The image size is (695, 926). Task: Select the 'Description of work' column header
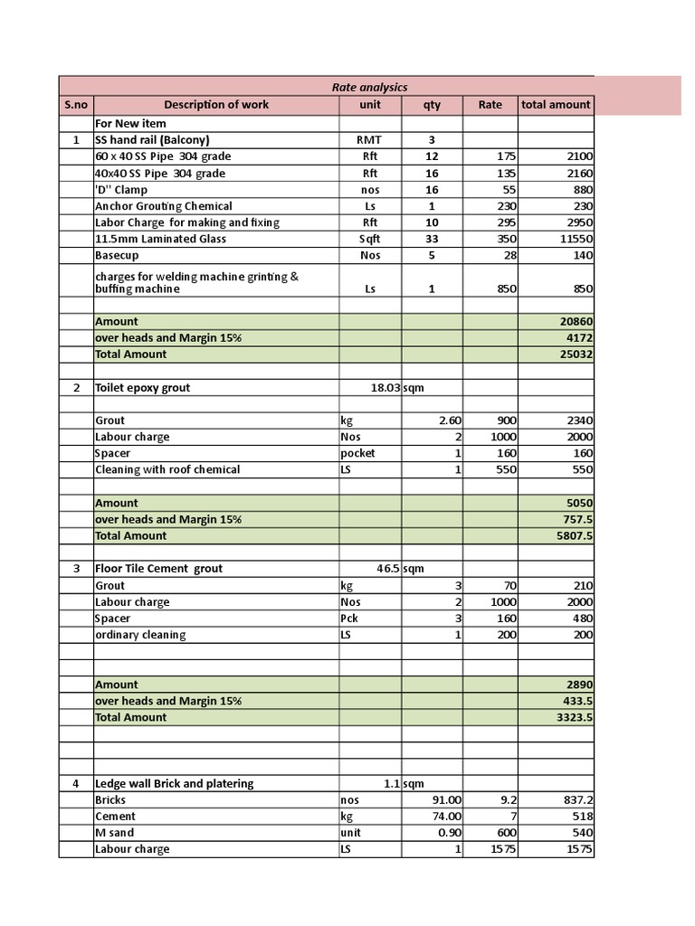pos(216,105)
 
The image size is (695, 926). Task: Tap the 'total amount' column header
pos(556,105)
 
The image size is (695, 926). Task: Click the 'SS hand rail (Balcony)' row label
pos(152,140)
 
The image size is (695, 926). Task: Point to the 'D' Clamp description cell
pos(121,190)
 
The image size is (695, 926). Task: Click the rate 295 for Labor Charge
pos(505,223)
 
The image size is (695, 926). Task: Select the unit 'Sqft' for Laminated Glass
pos(369,240)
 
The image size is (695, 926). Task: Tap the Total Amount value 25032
pos(576,354)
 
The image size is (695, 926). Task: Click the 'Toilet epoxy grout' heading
pos(143,388)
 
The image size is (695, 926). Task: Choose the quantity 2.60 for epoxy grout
pos(450,420)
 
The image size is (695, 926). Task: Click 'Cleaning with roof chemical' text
pos(167,470)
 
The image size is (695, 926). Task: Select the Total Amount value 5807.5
pos(576,536)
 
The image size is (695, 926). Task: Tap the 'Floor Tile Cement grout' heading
pos(158,569)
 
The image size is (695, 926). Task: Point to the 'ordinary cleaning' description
pos(140,635)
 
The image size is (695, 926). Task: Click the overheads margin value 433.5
pos(577,702)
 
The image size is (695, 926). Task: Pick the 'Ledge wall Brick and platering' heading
pos(174,784)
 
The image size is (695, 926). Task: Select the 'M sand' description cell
pos(114,833)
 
